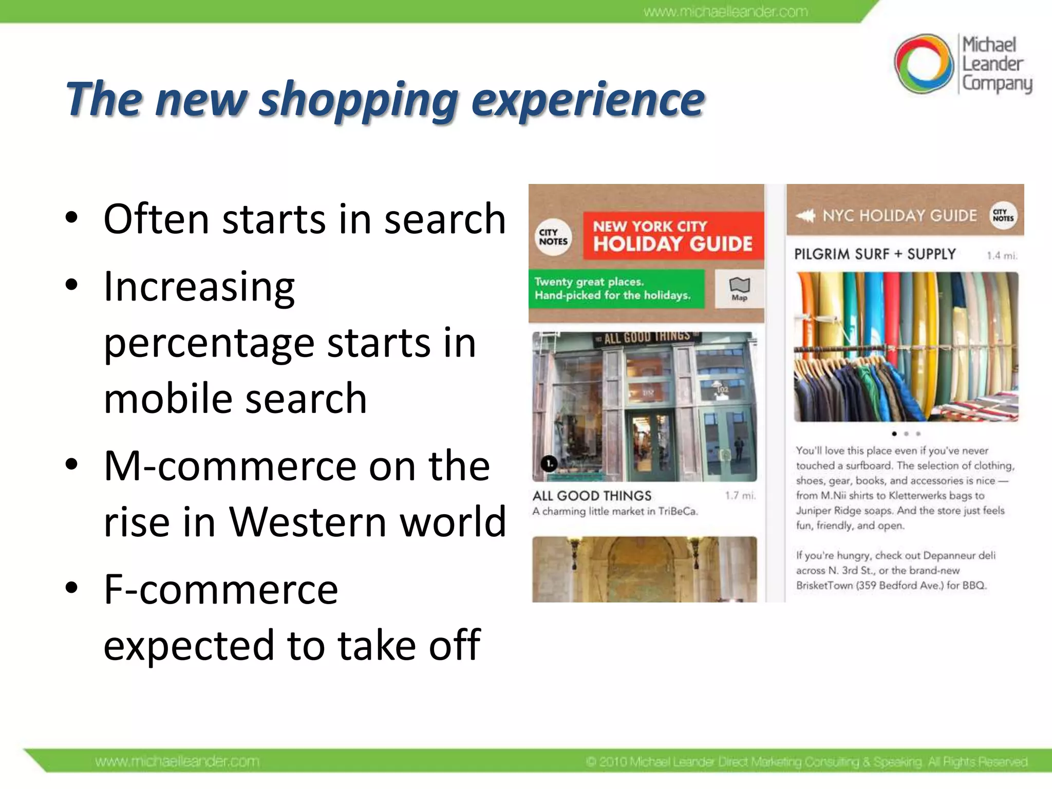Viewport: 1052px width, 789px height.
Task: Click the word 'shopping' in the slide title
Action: (x=359, y=100)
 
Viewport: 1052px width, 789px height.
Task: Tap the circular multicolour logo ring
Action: (x=924, y=64)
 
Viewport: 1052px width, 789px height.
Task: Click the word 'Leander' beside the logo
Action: (x=992, y=64)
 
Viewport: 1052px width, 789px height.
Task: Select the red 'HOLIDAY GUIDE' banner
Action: (x=673, y=236)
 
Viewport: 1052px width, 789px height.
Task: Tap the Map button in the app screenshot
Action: (x=739, y=289)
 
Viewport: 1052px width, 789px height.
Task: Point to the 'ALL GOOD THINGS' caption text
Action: (x=592, y=496)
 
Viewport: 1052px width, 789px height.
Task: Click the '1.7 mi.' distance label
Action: (x=740, y=496)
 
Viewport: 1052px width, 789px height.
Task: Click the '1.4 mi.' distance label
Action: (x=1002, y=255)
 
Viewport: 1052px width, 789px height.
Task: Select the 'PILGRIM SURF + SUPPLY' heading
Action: (x=875, y=254)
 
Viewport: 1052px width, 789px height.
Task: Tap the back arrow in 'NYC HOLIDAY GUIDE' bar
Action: (x=805, y=216)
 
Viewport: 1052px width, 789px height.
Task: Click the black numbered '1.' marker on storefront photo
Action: (x=549, y=464)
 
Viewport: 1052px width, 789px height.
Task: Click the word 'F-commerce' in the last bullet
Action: (x=221, y=590)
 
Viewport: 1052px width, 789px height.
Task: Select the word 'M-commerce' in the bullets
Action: (x=230, y=466)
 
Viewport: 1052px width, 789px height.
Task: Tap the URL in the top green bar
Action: (x=725, y=11)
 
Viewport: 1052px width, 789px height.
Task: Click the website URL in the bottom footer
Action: (x=177, y=761)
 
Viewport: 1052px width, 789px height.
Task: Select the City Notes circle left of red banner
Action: (x=553, y=237)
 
